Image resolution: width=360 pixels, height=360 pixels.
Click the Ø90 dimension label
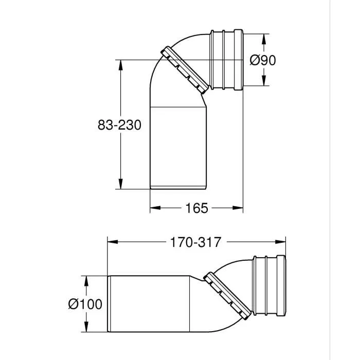(263, 60)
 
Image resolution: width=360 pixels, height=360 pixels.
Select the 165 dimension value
(196, 208)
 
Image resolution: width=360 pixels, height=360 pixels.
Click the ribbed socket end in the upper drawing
(227, 60)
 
